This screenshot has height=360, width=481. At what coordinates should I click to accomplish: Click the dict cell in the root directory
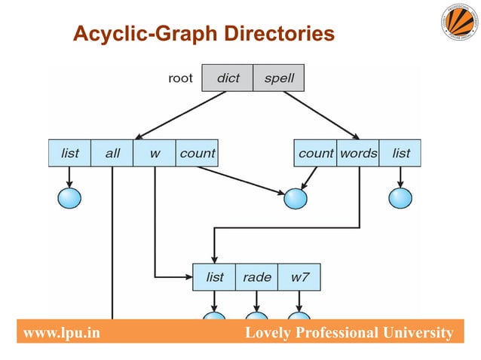point(228,78)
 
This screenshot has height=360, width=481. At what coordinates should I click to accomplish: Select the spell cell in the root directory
point(279,78)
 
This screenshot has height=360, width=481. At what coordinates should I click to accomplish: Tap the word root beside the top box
point(180,78)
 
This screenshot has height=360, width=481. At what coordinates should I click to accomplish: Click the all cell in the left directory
point(112,153)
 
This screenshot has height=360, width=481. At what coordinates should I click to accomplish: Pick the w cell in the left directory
point(155,153)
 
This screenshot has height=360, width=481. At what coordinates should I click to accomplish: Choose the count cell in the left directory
point(197,153)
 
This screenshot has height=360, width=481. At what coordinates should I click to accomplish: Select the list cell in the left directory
point(69,153)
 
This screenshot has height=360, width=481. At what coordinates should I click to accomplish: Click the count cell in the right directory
point(316,153)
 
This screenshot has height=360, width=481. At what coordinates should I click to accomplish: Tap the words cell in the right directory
point(358,153)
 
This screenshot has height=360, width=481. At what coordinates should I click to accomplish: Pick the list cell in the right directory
point(400,153)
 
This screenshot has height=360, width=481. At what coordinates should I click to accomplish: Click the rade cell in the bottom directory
point(257,277)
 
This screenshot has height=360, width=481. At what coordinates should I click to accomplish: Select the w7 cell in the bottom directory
point(299,277)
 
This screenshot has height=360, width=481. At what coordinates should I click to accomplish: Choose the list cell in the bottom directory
point(215,277)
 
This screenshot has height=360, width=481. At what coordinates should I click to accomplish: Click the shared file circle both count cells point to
point(296,198)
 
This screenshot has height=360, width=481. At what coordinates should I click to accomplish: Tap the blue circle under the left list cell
point(69,198)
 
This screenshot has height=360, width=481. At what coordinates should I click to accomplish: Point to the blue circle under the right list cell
point(400,198)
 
